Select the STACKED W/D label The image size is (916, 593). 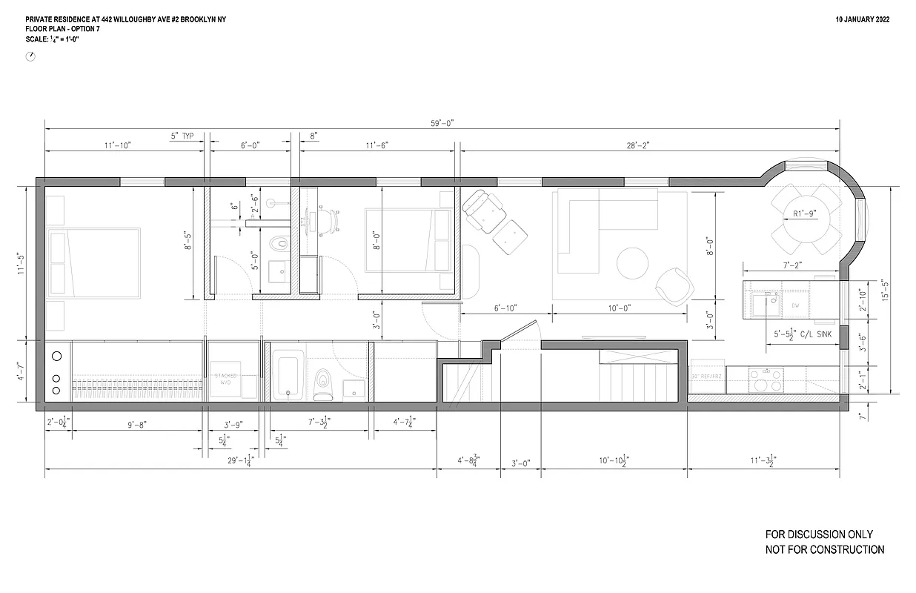226,380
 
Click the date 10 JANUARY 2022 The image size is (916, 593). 863,19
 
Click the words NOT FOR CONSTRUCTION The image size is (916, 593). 824,550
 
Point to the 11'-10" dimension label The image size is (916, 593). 118,146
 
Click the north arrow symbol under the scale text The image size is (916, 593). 30,56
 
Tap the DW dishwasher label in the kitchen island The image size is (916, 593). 795,305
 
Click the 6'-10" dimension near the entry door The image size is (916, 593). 505,308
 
